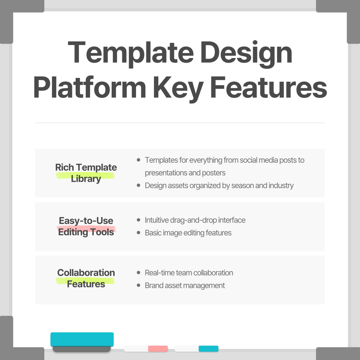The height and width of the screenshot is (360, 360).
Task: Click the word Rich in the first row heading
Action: (64, 167)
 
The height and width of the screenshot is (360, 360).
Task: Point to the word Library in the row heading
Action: (86, 179)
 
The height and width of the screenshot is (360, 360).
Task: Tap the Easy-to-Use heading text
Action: (86, 221)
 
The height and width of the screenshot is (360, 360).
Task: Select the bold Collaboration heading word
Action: (86, 273)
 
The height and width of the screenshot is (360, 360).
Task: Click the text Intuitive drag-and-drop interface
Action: (195, 220)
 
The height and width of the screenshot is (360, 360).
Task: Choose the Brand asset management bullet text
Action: (185, 286)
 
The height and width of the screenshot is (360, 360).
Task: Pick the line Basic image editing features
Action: (188, 233)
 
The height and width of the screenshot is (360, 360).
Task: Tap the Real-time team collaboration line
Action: (189, 273)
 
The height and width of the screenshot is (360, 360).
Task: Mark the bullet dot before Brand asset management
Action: (139, 286)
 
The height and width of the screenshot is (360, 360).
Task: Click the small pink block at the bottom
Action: (158, 349)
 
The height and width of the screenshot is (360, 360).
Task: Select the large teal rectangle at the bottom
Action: (82, 339)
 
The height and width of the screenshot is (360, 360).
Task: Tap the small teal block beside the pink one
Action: (208, 349)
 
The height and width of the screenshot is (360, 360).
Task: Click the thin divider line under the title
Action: (180, 123)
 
